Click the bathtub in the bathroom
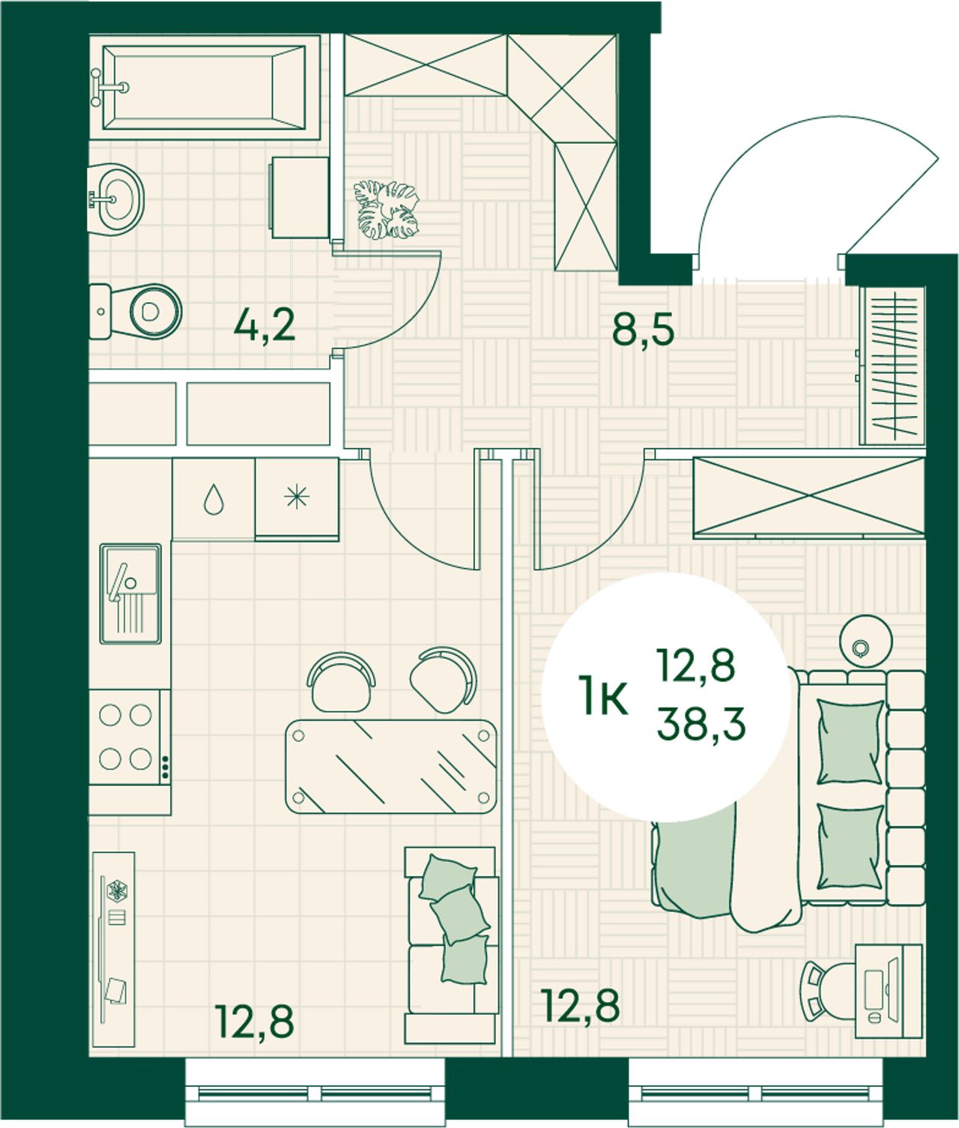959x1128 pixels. click(204, 87)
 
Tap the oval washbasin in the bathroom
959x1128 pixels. click(115, 199)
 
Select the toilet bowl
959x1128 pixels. click(136, 312)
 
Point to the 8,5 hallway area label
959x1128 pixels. click(644, 331)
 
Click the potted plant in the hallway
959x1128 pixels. click(386, 210)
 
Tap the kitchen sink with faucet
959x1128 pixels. click(130, 593)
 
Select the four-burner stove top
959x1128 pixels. click(130, 738)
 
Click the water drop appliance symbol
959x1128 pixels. click(214, 500)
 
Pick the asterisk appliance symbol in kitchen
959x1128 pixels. click(297, 497)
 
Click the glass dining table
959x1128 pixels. click(391, 766)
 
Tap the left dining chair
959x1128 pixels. click(341, 681)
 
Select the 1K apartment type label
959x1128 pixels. click(605, 703)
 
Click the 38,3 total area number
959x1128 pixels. click(701, 725)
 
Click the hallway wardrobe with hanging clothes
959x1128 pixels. click(892, 367)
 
